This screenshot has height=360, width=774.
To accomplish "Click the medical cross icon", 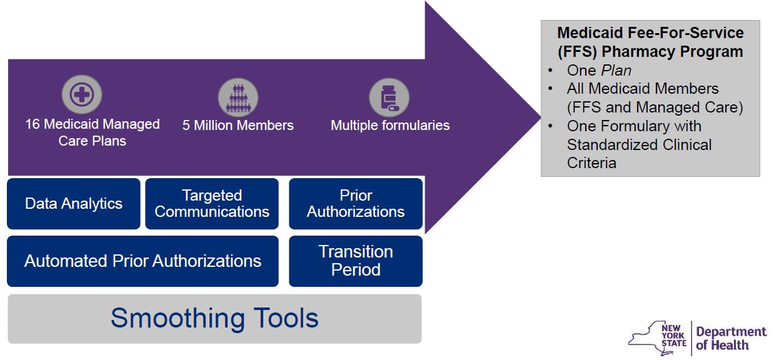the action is click(82, 94).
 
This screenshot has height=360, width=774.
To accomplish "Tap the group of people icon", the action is click(238, 97).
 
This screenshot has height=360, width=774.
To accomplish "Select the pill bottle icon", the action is click(390, 97).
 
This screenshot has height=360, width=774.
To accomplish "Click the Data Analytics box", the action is click(74, 204).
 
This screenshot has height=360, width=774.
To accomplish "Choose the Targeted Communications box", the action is click(212, 204).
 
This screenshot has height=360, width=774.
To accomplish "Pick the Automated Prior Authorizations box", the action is click(143, 261).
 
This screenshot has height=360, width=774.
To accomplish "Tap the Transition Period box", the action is click(356, 261).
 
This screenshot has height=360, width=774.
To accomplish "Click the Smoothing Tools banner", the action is click(214, 319).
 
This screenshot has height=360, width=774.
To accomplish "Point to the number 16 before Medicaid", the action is click(33, 124).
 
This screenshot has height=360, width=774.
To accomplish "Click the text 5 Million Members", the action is click(238, 126).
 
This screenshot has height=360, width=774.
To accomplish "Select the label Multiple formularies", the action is click(390, 126).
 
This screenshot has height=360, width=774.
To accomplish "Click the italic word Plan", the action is click(616, 71).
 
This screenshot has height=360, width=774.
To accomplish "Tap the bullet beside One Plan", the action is click(550, 71).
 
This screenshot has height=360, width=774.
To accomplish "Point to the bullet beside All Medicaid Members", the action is click(550, 89).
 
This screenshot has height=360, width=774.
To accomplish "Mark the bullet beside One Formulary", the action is click(550, 126).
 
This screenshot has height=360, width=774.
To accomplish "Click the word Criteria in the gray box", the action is click(591, 163).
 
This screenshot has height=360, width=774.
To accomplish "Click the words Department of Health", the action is click(731, 338).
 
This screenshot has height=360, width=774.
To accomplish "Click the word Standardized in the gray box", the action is click(611, 145).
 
